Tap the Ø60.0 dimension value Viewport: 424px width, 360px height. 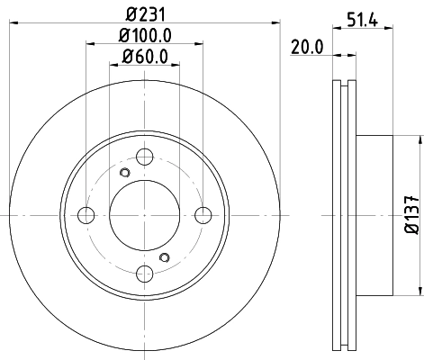click(x=144, y=60)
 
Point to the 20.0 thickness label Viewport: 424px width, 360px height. click(x=306, y=49)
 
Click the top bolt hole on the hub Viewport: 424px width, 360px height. click(x=144, y=156)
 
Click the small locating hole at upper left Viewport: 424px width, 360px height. click(x=125, y=172)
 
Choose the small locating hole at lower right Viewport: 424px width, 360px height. click(x=163, y=257)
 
